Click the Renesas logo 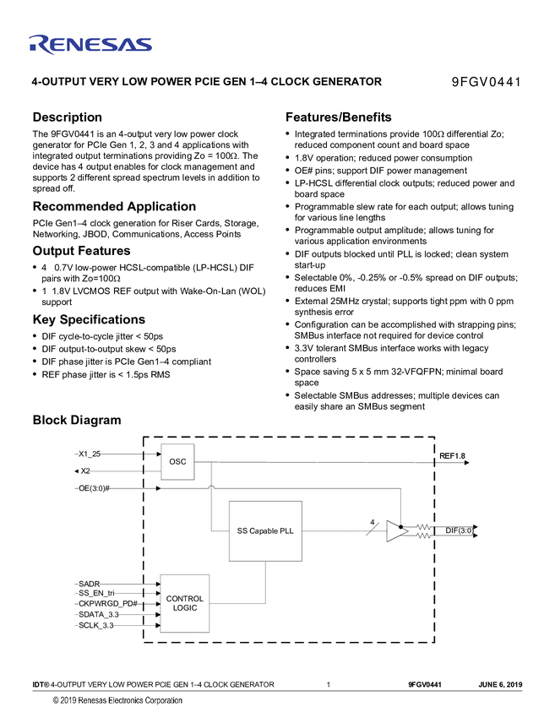90,44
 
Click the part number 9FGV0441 486,82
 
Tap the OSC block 177,462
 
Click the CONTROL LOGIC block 184,603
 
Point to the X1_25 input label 90,454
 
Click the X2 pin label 85,471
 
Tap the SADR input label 89,583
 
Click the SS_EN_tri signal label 96,594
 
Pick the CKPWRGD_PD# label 107,605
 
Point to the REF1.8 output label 452,456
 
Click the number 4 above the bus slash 372,522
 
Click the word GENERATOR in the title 347,82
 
